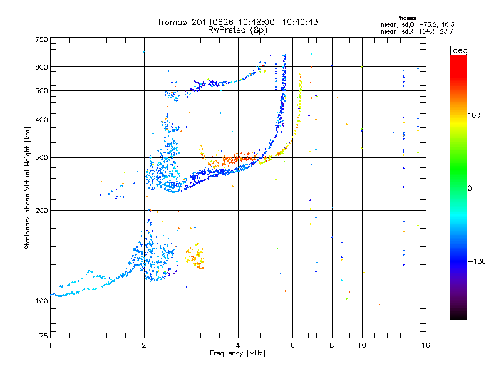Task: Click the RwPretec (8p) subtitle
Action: coord(237,30)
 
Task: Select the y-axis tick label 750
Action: coord(41,39)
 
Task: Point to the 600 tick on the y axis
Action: coord(41,67)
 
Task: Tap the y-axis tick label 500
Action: coord(41,91)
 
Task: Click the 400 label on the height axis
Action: coord(41,120)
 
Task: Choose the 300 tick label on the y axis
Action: coord(41,157)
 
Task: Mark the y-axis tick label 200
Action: coord(41,211)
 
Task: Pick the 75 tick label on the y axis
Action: coord(44,336)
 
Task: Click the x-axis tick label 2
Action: coord(144,345)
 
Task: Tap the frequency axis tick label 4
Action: coord(238,345)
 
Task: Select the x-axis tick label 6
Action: coord(292,345)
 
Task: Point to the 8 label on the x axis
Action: coord(332,345)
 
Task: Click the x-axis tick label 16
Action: coord(426,345)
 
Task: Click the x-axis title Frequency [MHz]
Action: coord(237,353)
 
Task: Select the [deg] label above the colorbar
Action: coord(460,50)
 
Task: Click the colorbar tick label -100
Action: coord(477,261)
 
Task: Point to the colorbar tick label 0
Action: coord(470,189)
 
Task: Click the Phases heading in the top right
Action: coord(405,18)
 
